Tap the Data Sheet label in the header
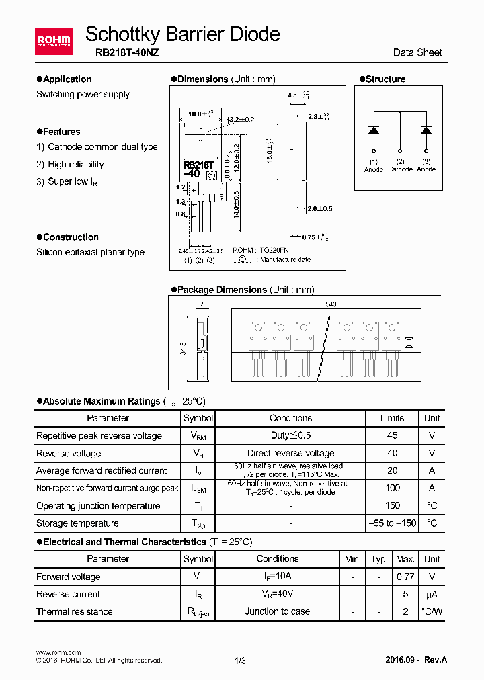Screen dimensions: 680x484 tap(417, 52)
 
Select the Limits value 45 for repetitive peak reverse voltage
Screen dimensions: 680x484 tap(393, 435)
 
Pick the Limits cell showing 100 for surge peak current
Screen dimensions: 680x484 tap(393, 488)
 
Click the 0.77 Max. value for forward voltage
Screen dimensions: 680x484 tap(405, 577)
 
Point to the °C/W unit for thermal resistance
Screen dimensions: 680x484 tap(432, 611)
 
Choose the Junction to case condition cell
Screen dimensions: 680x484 tap(277, 611)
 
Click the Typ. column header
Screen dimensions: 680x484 tap(379, 559)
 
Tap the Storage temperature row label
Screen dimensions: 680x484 tap(77, 523)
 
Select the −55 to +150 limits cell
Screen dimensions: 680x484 tap(393, 523)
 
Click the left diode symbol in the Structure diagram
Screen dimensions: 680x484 tap(374, 130)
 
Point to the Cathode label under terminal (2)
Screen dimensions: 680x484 tap(400, 169)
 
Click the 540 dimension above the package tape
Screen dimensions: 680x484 tap(331, 304)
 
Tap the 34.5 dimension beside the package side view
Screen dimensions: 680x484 tap(182, 349)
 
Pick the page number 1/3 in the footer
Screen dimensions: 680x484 tap(241, 661)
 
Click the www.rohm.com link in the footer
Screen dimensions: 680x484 tap(58, 652)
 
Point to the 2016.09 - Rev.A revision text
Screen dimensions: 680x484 tap(416, 660)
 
